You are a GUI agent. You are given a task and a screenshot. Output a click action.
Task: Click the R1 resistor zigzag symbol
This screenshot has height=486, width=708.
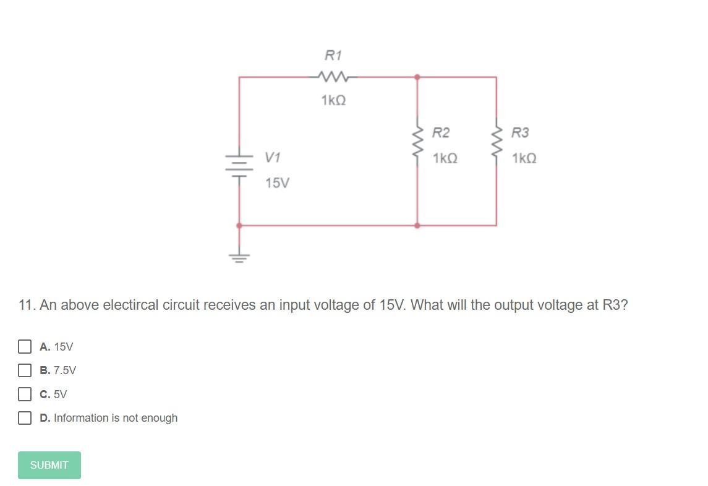(333, 77)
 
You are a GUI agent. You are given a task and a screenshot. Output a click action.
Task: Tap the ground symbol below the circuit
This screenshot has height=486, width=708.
(239, 256)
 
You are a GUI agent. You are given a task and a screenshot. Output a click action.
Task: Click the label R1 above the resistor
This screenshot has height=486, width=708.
(333, 56)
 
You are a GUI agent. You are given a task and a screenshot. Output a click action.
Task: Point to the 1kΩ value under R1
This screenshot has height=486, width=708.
(333, 100)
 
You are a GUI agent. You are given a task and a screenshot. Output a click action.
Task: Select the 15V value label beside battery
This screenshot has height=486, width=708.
(276, 183)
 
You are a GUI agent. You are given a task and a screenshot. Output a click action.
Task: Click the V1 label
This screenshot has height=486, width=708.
(273, 158)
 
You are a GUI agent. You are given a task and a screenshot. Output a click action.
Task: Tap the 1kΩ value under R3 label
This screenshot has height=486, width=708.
(524, 159)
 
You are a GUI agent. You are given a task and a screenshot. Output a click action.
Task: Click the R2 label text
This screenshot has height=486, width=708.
(441, 133)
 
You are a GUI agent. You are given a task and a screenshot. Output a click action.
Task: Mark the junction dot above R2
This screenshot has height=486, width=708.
(417, 77)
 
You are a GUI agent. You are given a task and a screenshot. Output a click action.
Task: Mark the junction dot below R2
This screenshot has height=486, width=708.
(417, 226)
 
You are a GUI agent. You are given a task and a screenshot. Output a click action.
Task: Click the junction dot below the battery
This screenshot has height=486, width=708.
(239, 226)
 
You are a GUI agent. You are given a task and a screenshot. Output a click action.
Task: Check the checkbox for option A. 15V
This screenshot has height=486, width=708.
(25, 346)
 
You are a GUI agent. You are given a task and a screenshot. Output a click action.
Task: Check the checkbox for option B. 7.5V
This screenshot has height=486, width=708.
(25, 370)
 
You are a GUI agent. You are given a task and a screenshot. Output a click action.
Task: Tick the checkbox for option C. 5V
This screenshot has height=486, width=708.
(25, 394)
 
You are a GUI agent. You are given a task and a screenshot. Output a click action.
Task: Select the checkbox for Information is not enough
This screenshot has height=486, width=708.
(25, 418)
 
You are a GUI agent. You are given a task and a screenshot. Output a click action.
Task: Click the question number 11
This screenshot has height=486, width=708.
(27, 305)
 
